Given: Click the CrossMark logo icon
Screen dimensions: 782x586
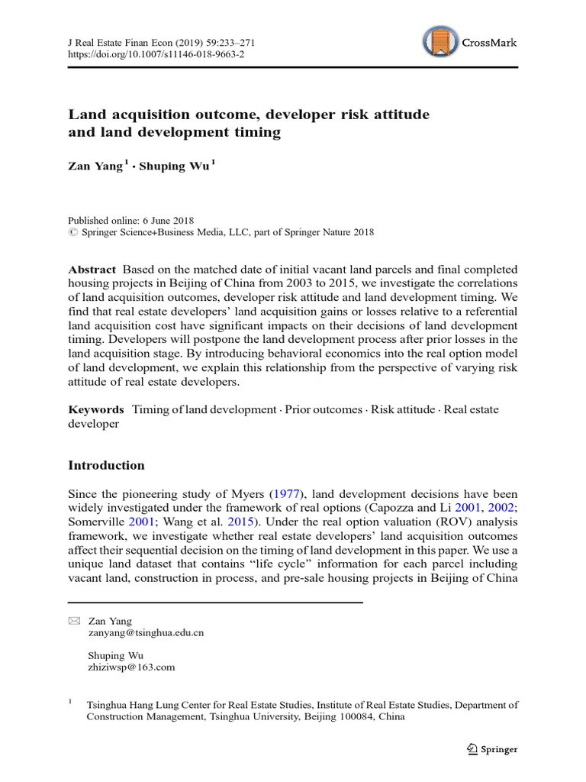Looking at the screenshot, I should (x=439, y=43).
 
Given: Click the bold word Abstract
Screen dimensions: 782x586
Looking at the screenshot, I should (x=92, y=270).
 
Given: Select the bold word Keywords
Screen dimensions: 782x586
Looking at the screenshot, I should (x=96, y=409).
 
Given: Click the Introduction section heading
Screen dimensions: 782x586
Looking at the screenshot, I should (x=106, y=465).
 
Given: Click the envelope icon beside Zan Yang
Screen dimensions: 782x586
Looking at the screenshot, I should (x=73, y=621).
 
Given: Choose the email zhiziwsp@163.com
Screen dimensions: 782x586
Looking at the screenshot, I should (x=132, y=667).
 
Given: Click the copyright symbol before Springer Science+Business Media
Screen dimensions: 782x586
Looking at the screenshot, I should (x=72, y=232).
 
